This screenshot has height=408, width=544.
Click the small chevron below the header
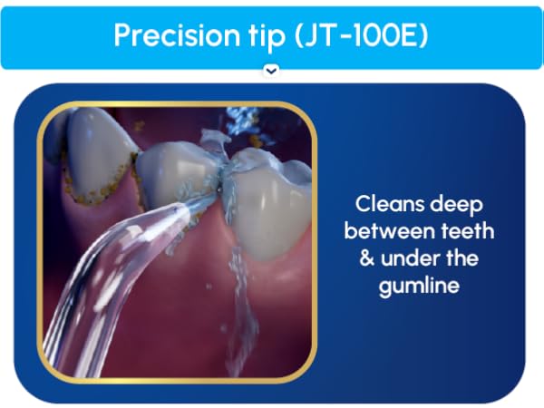270,70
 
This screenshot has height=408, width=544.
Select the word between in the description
394,230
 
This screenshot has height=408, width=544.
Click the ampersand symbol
367,257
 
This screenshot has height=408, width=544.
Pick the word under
412,257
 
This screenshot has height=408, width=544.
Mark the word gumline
423,286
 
